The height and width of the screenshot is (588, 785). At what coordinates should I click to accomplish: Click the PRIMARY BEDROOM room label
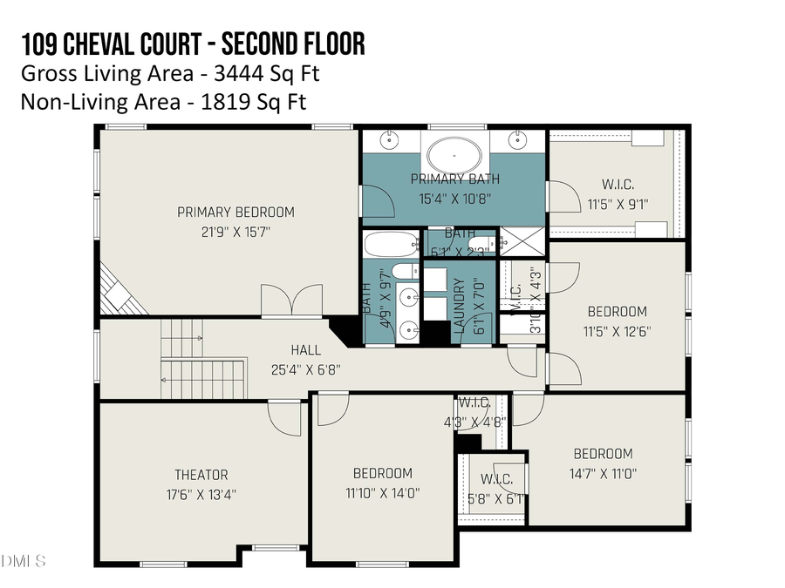click(x=235, y=212)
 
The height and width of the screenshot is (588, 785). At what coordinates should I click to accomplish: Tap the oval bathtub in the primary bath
click(x=454, y=158)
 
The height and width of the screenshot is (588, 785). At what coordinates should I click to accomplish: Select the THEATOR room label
click(x=201, y=475)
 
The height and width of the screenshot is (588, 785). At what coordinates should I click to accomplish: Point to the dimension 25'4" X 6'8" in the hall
click(x=305, y=368)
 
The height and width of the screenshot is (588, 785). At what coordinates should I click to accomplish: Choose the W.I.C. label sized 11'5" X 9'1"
click(x=618, y=185)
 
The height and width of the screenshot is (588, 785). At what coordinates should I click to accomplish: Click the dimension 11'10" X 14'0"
click(x=382, y=492)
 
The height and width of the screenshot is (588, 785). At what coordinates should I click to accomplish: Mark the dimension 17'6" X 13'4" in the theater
click(x=201, y=494)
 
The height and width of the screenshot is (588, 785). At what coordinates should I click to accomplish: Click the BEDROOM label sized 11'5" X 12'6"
click(x=617, y=311)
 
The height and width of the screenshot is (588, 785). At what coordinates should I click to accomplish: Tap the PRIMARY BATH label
click(x=454, y=179)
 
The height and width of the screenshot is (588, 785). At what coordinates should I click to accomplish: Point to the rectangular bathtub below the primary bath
click(x=391, y=242)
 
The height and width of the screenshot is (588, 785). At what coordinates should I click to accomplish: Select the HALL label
click(x=305, y=350)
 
